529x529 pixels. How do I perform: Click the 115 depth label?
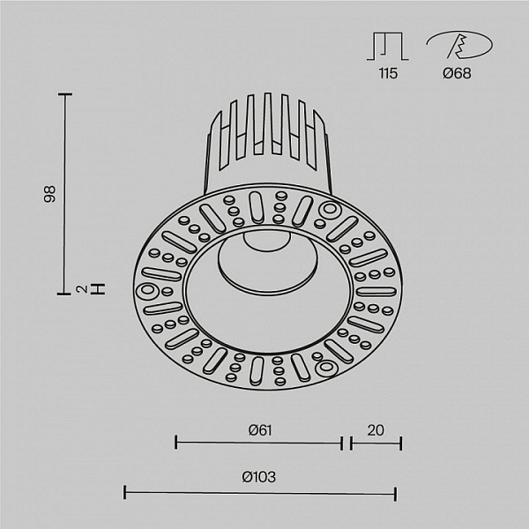(388, 73)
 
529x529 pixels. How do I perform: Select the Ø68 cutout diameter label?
(457, 73)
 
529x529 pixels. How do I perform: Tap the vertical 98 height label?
(49, 194)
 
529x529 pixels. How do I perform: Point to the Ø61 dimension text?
(260, 430)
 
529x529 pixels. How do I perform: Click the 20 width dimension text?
(376, 430)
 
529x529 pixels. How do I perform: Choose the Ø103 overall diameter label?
(258, 477)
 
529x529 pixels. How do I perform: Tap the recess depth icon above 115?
(388, 46)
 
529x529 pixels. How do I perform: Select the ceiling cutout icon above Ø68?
(459, 45)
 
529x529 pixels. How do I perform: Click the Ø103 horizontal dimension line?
(260, 493)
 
